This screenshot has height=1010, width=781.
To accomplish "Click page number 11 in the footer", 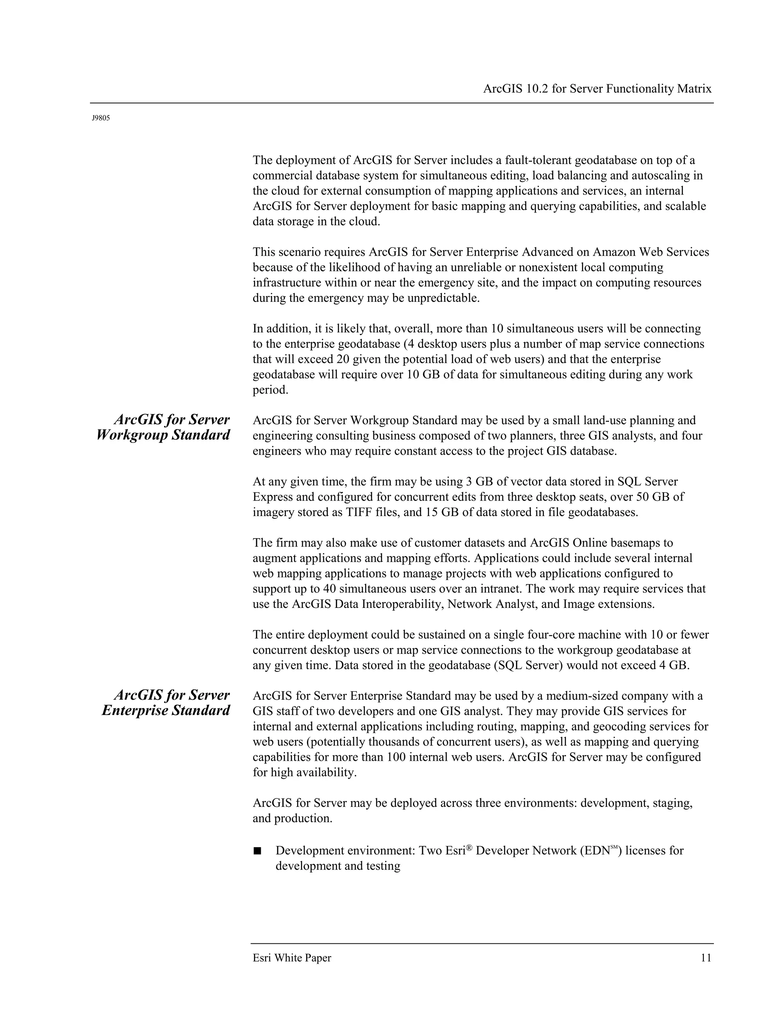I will point(705,958).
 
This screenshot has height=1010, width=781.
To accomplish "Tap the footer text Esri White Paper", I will point(292,958).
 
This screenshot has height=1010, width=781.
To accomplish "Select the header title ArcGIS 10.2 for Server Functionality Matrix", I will point(597,89).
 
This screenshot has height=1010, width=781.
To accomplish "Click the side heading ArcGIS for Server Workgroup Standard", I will point(163,427).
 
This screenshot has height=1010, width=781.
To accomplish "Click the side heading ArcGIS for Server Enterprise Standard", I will point(166,702).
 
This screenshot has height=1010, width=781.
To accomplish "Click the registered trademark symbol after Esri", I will point(469,848).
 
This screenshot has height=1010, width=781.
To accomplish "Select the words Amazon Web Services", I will point(651,252).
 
